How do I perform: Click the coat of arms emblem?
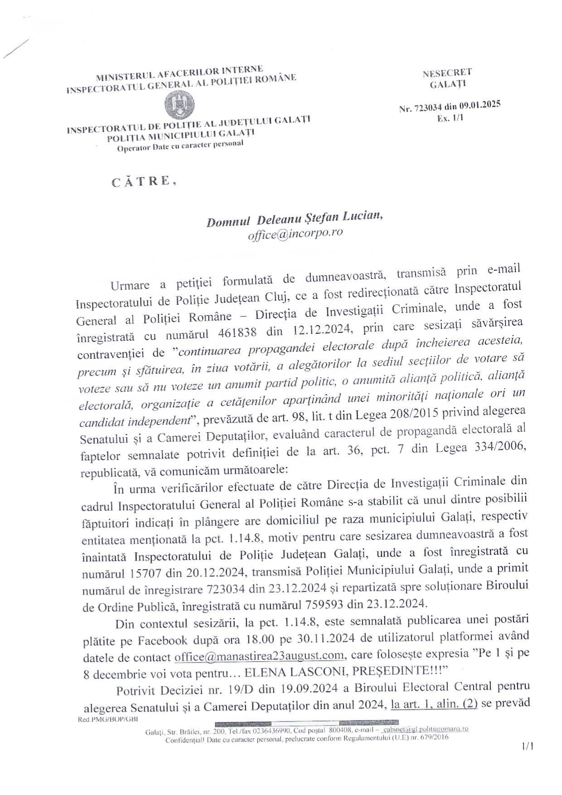pos(180,105)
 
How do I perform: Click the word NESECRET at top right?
pos(447,73)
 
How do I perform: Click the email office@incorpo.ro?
pos(295,234)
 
